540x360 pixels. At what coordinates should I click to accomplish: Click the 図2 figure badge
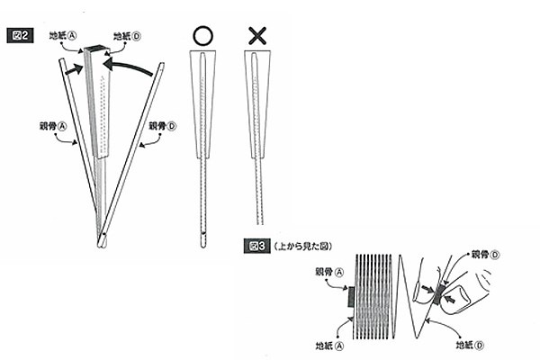pyautogui.click(x=23, y=34)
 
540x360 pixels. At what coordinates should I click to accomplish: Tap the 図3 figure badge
pyautogui.click(x=256, y=243)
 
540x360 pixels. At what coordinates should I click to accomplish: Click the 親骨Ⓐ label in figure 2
pyautogui.click(x=55, y=127)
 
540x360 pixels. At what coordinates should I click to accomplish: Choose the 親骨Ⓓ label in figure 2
pyautogui.click(x=163, y=127)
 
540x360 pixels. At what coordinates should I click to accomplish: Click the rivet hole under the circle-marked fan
pyautogui.click(x=204, y=240)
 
